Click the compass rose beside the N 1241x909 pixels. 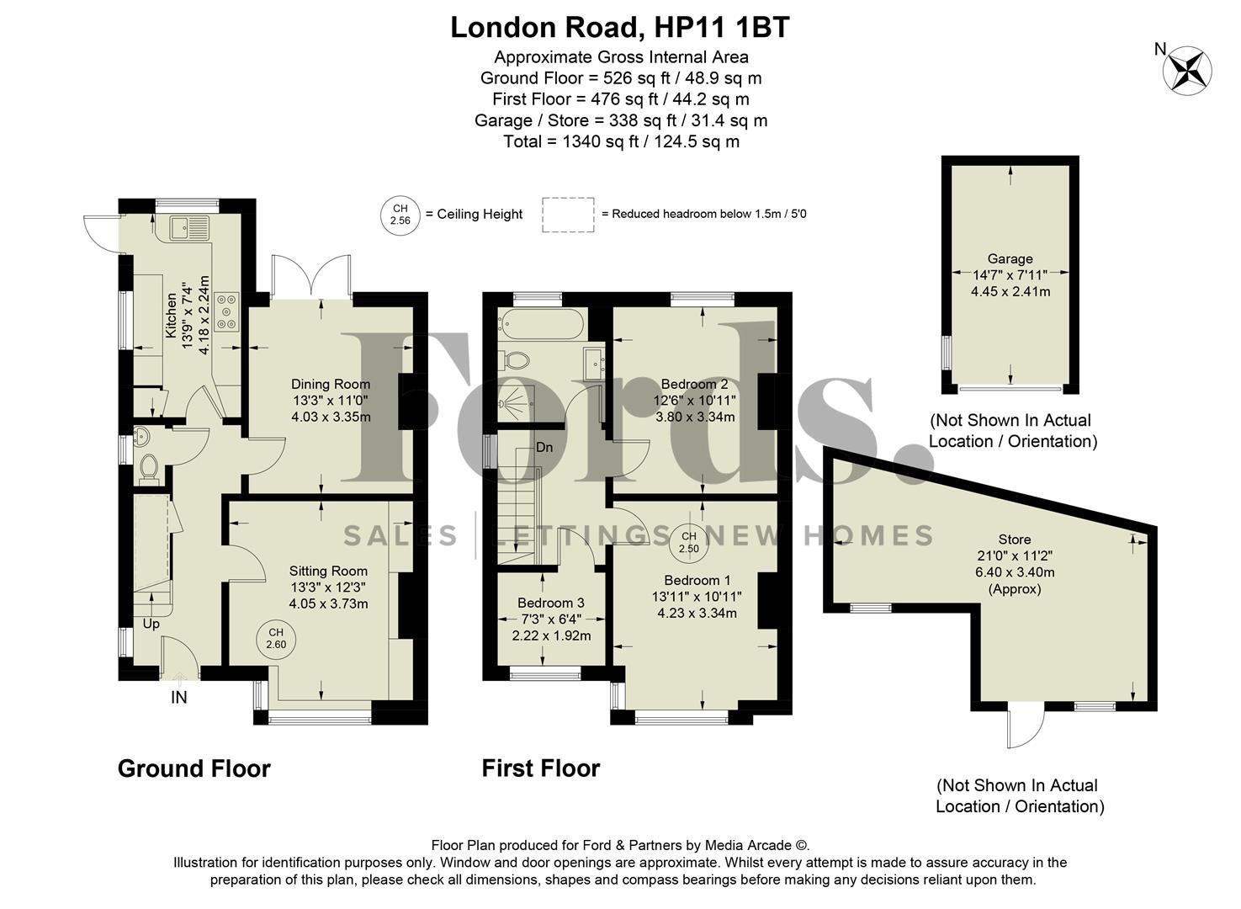1187,71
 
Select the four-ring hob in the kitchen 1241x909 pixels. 227,310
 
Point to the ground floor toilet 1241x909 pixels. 149,468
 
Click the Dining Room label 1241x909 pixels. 331,385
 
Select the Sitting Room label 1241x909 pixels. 328,571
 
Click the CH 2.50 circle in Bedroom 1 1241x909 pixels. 689,543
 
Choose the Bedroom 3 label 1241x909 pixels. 550,603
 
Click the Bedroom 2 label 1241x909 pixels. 694,385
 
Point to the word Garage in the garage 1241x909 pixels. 1010,259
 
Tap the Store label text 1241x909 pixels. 1014,540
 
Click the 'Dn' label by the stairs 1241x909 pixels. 544,448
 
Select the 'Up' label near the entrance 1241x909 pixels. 151,624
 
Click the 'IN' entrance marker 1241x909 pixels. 178,698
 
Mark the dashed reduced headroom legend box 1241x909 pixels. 568,214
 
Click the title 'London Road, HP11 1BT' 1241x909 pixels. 620,28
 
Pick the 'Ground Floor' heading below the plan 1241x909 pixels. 194,768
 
